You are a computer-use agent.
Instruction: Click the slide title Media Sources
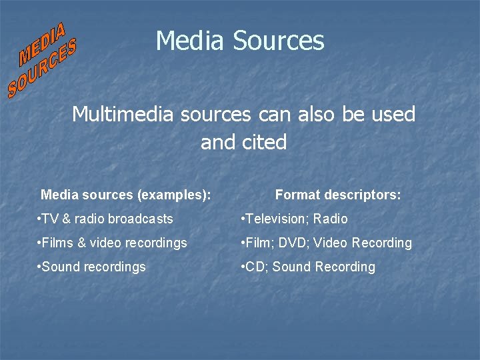pyautogui.click(x=240, y=41)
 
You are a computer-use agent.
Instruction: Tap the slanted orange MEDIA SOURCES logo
pyautogui.click(x=43, y=60)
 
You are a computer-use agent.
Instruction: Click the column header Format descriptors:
pyautogui.click(x=338, y=195)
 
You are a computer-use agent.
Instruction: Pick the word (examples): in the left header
pyautogui.click(x=173, y=195)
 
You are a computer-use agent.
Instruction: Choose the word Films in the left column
pyautogui.click(x=57, y=243)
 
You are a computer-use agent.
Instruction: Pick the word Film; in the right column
pyautogui.click(x=263, y=243)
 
